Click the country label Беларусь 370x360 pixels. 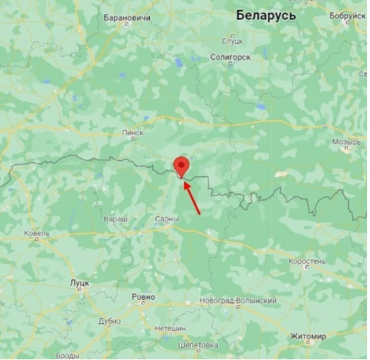[x=266, y=15]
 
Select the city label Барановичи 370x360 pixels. [x=127, y=17]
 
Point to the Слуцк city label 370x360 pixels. [x=232, y=40]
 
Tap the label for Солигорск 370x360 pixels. [x=230, y=57]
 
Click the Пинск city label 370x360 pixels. [x=133, y=133]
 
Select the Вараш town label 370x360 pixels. [x=115, y=219]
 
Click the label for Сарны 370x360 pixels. [x=167, y=219]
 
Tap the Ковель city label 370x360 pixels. [x=37, y=234]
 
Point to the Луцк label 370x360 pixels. [x=79, y=282]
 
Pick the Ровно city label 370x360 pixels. [x=143, y=297]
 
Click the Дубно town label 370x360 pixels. [x=109, y=320]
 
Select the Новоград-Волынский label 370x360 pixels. [x=238, y=301]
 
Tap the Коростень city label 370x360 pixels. [x=307, y=261]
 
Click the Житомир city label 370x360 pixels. [x=308, y=336]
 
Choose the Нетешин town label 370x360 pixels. [x=170, y=328]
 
